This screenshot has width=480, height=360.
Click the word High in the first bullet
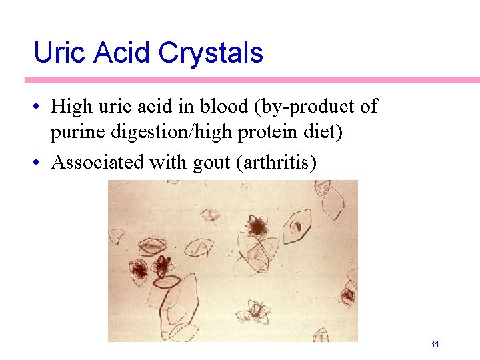click(71, 106)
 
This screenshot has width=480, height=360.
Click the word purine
click(75, 133)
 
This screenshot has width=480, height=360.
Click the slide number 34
click(434, 344)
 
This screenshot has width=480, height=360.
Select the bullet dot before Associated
click(41, 163)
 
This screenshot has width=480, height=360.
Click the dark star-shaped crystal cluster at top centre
click(256, 227)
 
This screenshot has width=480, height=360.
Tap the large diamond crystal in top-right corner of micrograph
click(331, 199)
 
